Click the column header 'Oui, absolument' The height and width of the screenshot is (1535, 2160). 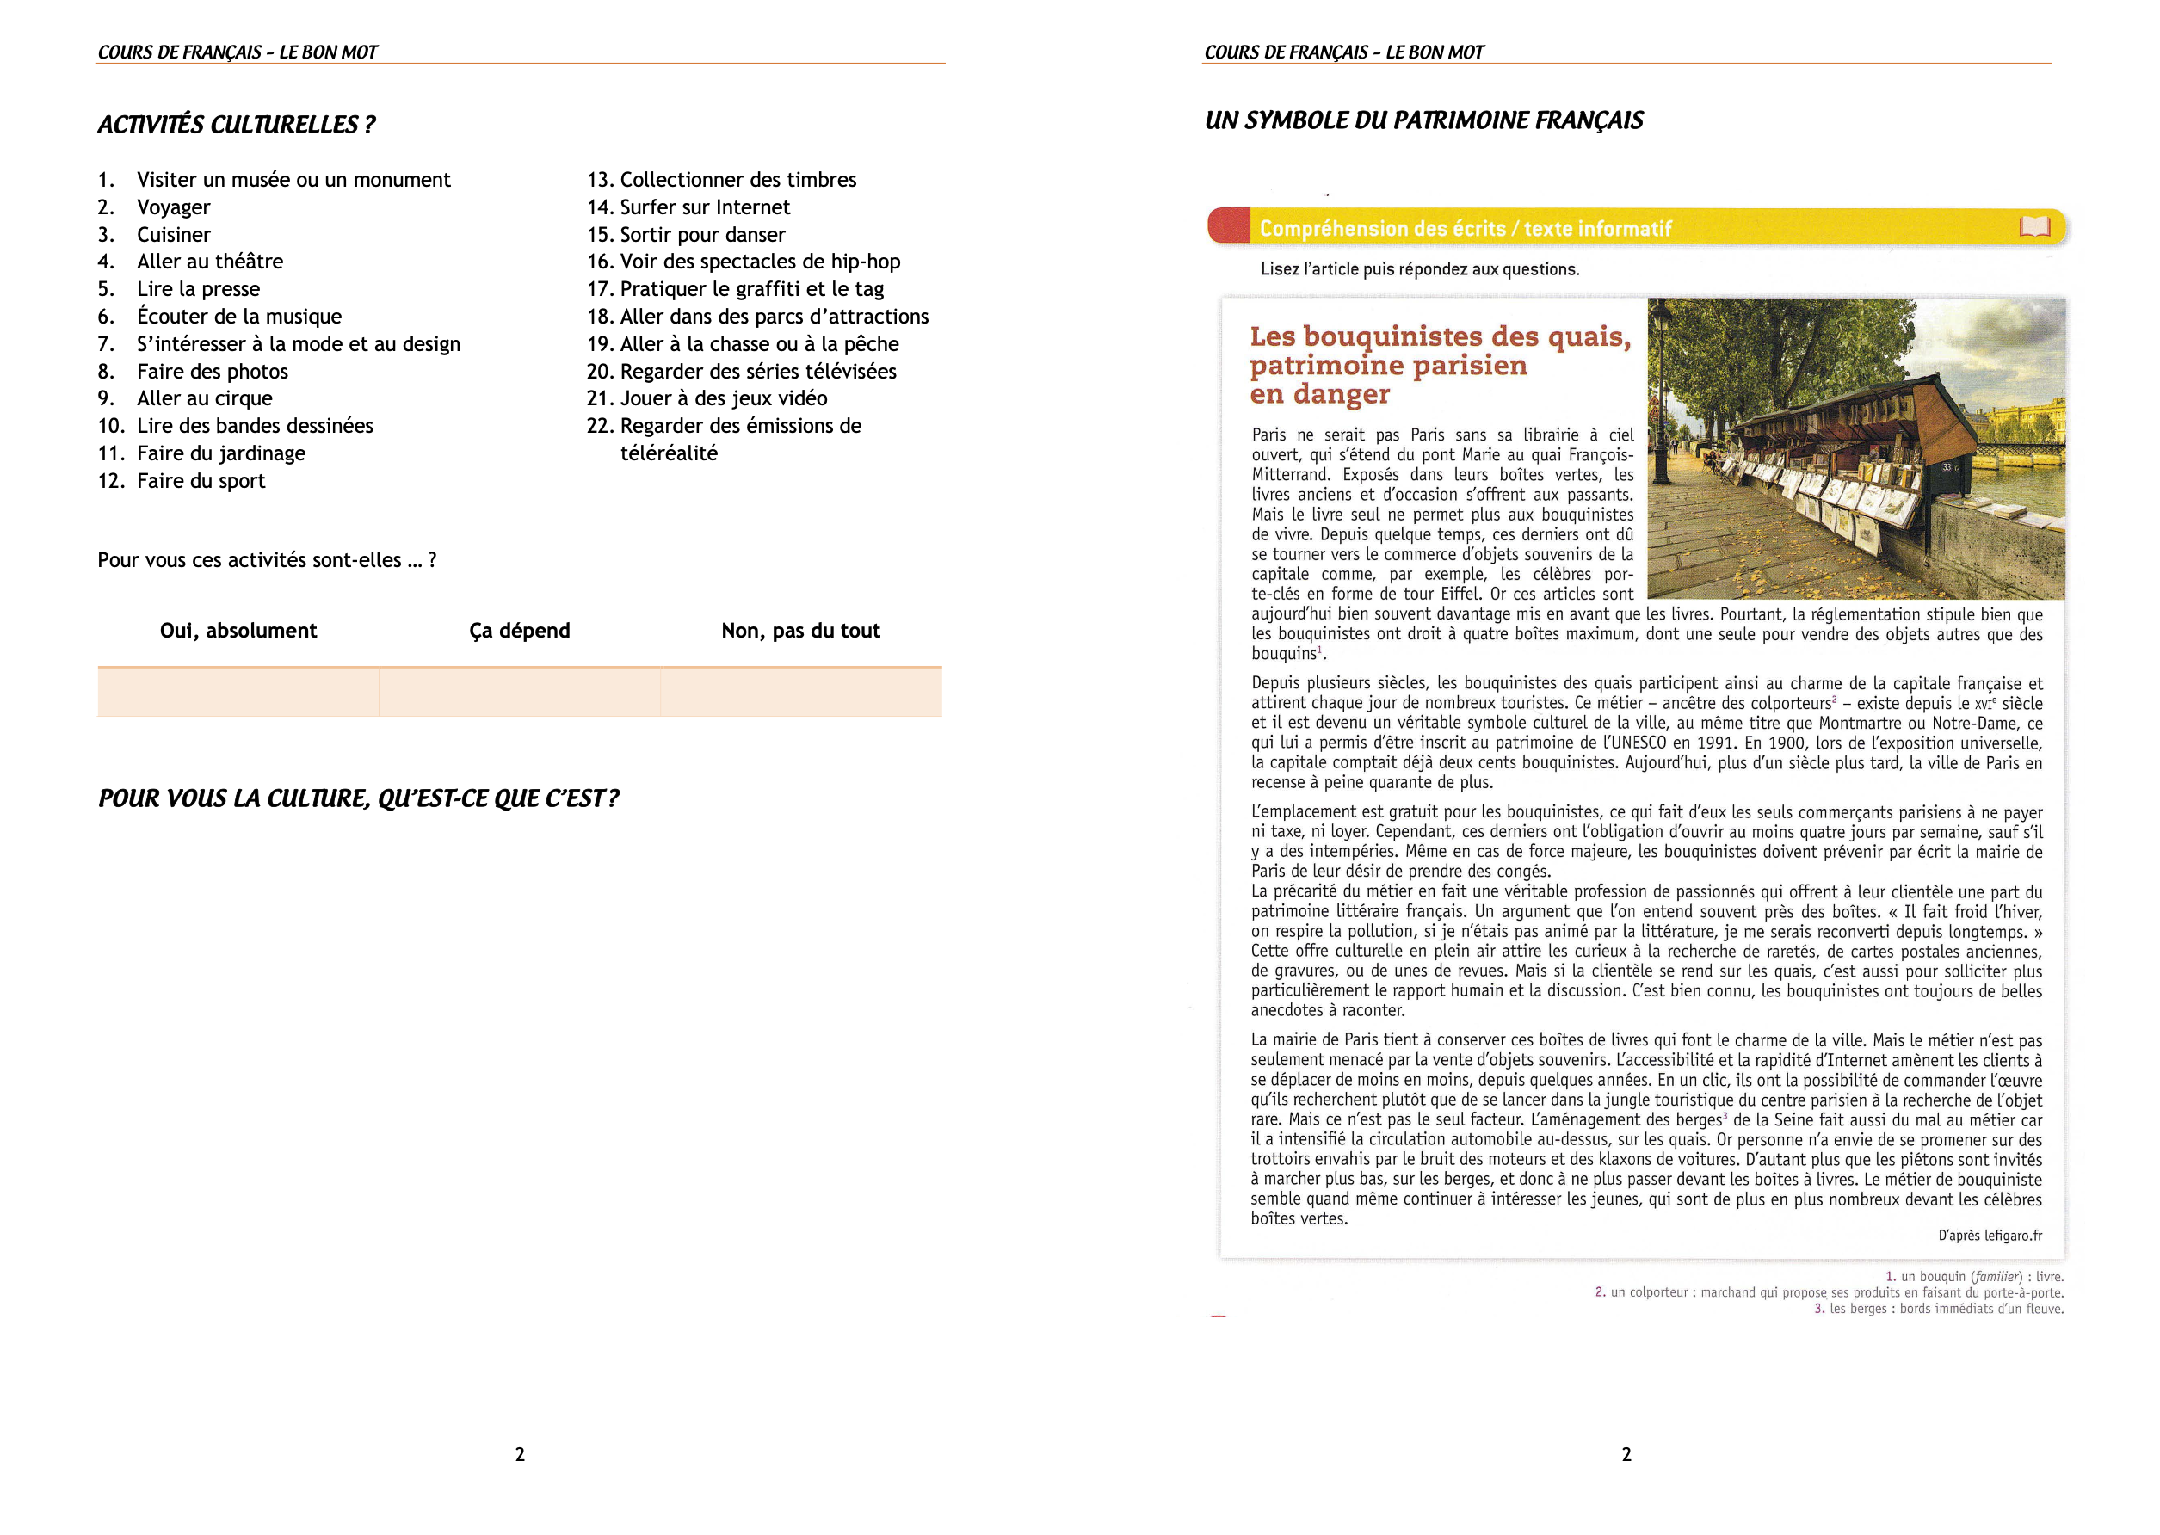tap(238, 631)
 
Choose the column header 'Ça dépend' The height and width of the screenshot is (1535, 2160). tap(519, 631)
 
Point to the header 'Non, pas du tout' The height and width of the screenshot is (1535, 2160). tap(799, 631)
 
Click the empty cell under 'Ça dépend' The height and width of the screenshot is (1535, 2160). tap(519, 692)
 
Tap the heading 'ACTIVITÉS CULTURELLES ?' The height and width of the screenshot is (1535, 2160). tap(237, 125)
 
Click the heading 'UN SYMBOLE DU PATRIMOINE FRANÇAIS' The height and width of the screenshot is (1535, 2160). tap(1423, 121)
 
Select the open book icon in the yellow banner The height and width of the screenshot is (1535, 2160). tap(2034, 227)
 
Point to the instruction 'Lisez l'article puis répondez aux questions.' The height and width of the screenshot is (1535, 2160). tap(1419, 269)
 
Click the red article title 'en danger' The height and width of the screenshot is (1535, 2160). tap(1318, 394)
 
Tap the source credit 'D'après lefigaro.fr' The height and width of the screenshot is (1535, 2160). tap(1989, 1236)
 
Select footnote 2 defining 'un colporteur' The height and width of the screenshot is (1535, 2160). tap(1828, 1292)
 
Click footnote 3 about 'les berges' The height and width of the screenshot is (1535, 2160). tap(1938, 1309)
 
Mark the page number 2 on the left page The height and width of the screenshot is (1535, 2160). tap(520, 1455)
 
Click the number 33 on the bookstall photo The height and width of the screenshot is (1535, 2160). tap(1947, 467)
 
